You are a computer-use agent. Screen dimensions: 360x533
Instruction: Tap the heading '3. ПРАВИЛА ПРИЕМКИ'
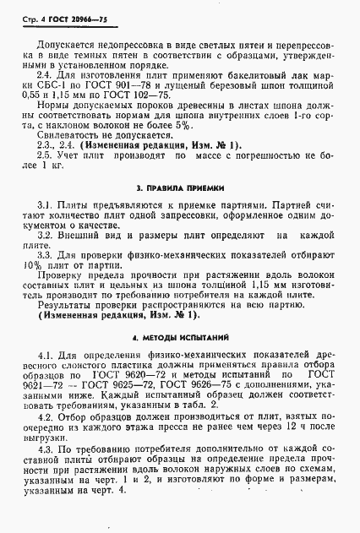(x=179, y=185)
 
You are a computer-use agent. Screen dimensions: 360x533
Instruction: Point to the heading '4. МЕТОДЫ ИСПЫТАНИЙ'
(x=179, y=337)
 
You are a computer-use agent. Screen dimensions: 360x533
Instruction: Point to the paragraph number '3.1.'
(x=46, y=205)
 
